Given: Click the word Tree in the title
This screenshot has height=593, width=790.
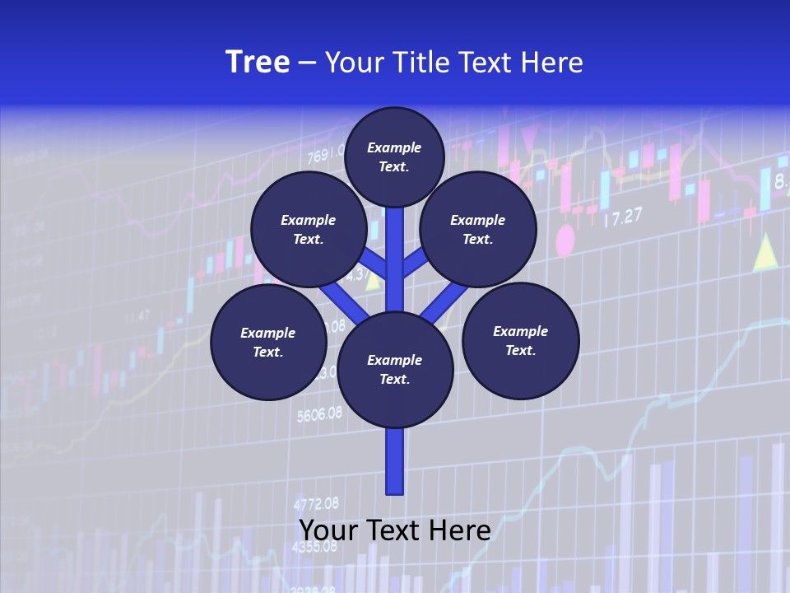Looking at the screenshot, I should [x=258, y=63].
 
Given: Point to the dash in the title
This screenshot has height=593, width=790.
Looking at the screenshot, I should [x=307, y=63].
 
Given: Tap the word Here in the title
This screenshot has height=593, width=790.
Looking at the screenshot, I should [x=551, y=63].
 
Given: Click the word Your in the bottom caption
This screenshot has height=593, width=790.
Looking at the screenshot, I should [x=328, y=530].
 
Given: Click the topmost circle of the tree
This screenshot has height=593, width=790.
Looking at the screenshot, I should [x=394, y=156].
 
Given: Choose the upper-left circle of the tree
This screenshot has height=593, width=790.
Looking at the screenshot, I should [x=309, y=229].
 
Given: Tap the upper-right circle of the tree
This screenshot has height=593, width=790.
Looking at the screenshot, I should [x=478, y=229].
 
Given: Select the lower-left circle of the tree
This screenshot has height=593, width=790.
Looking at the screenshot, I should [x=268, y=342].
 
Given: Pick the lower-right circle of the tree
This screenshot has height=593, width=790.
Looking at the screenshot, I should [x=521, y=340].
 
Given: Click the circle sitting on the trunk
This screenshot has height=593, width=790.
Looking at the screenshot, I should [x=395, y=370].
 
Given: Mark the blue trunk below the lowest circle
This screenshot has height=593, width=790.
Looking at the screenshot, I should [x=395, y=461].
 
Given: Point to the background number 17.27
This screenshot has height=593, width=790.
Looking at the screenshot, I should [x=622, y=218].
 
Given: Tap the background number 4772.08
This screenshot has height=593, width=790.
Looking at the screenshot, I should [x=316, y=503].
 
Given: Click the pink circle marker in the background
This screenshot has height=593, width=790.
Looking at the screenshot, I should [x=565, y=241].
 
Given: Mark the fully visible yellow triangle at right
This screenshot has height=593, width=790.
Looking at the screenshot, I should [x=765, y=252].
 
